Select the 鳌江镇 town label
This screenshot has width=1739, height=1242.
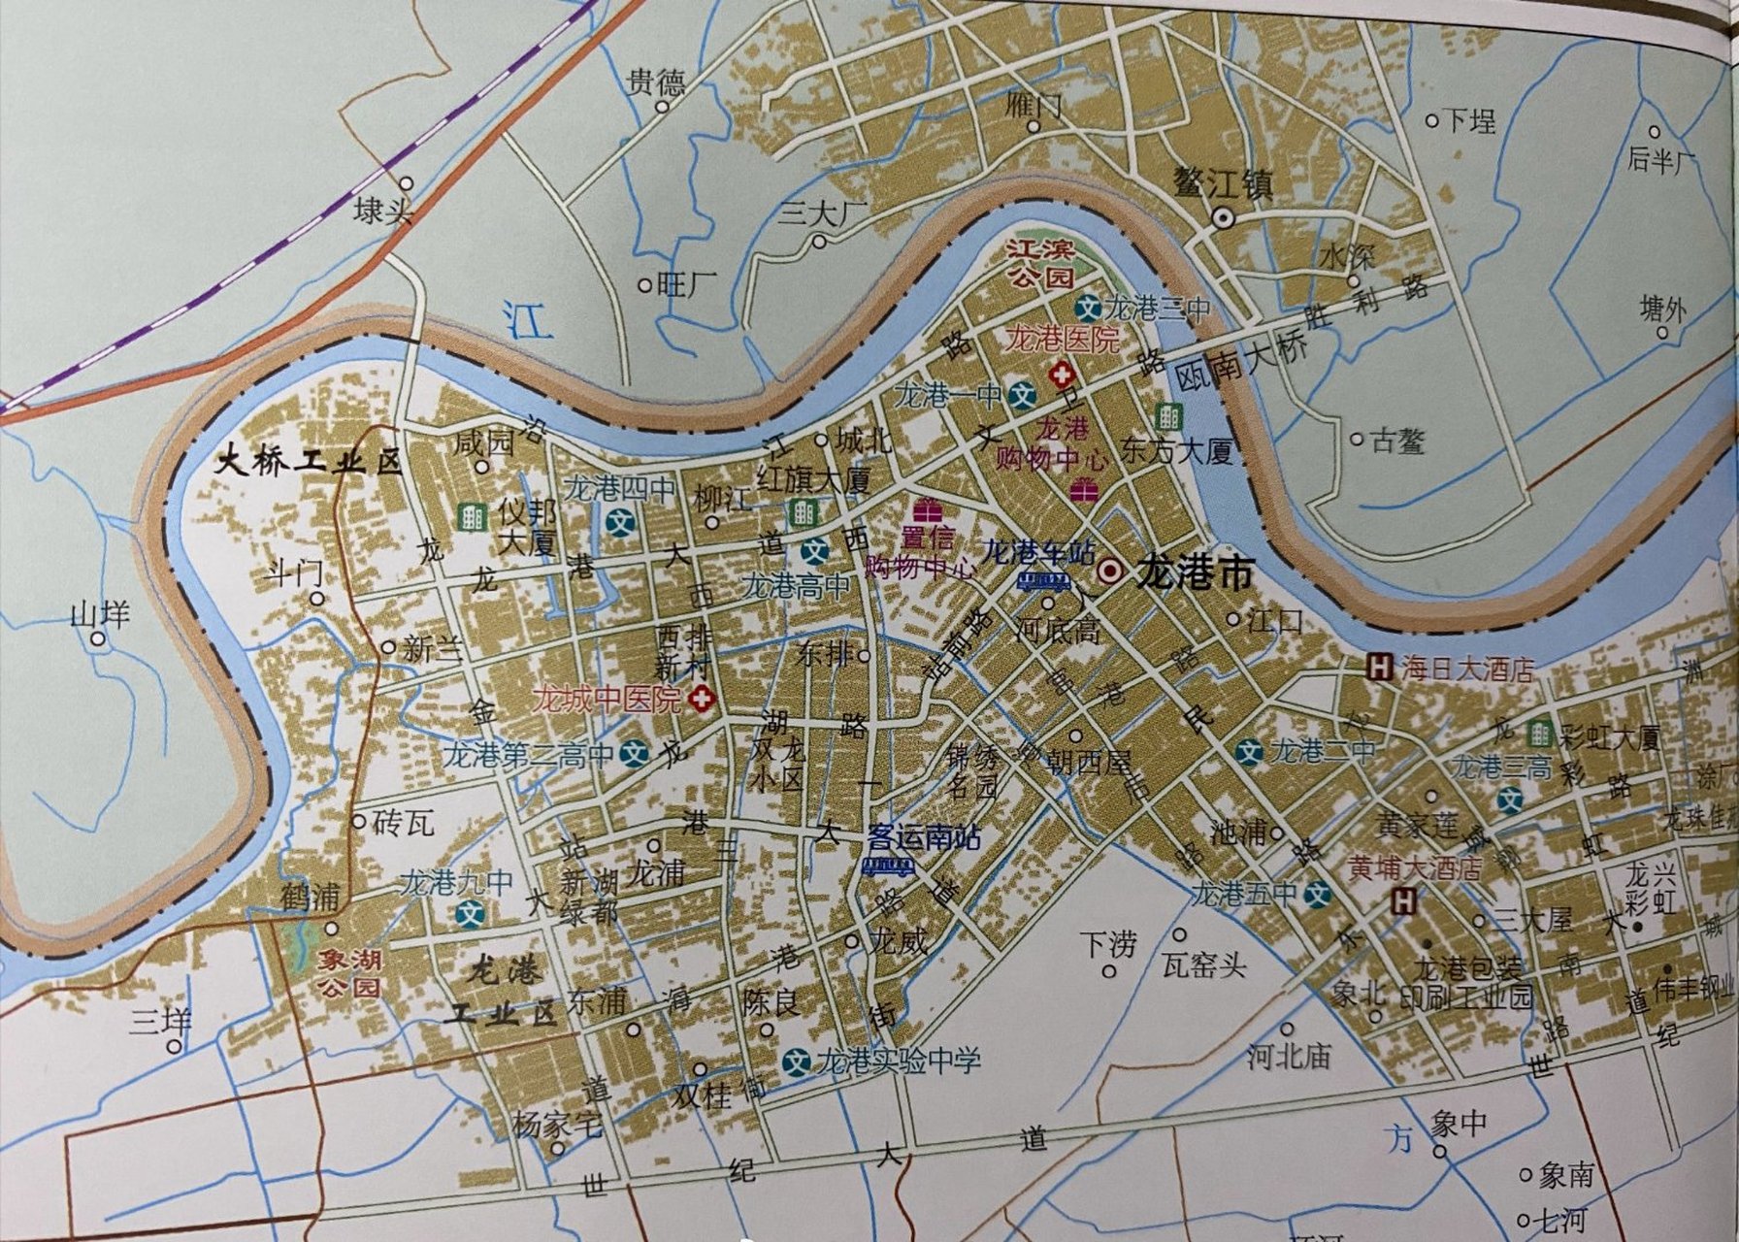(1223, 182)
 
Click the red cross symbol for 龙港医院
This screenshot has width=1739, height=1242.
(1063, 374)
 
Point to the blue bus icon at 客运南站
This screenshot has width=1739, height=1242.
(888, 866)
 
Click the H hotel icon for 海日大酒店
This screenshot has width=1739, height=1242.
(1378, 668)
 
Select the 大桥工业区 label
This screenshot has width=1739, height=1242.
(308, 461)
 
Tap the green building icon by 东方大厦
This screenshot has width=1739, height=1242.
(1168, 418)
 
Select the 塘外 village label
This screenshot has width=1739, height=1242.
(1662, 310)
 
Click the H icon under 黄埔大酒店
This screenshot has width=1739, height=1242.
(1403, 901)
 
